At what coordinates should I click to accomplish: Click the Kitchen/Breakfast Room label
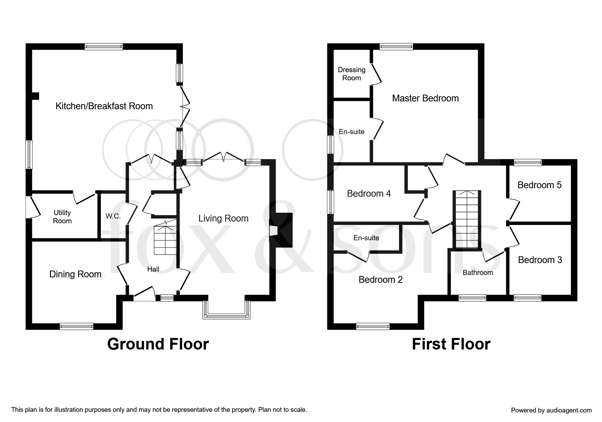click(x=104, y=106)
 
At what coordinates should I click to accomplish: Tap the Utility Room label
click(x=62, y=217)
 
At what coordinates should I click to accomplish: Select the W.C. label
click(x=113, y=216)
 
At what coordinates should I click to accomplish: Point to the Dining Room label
click(x=75, y=274)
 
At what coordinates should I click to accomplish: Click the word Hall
click(x=153, y=269)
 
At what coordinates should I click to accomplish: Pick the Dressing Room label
click(x=351, y=74)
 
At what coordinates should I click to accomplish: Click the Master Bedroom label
click(x=425, y=98)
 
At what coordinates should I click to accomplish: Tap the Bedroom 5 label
click(x=539, y=185)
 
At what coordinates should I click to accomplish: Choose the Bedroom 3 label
click(x=540, y=260)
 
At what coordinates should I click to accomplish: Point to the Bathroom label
click(x=478, y=273)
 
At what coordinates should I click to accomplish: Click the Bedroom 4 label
click(x=368, y=194)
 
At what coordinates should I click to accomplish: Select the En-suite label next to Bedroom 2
click(x=366, y=238)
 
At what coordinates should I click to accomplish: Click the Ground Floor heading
click(x=158, y=344)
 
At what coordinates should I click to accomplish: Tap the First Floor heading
click(x=451, y=344)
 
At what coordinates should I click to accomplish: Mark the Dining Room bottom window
click(x=76, y=326)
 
